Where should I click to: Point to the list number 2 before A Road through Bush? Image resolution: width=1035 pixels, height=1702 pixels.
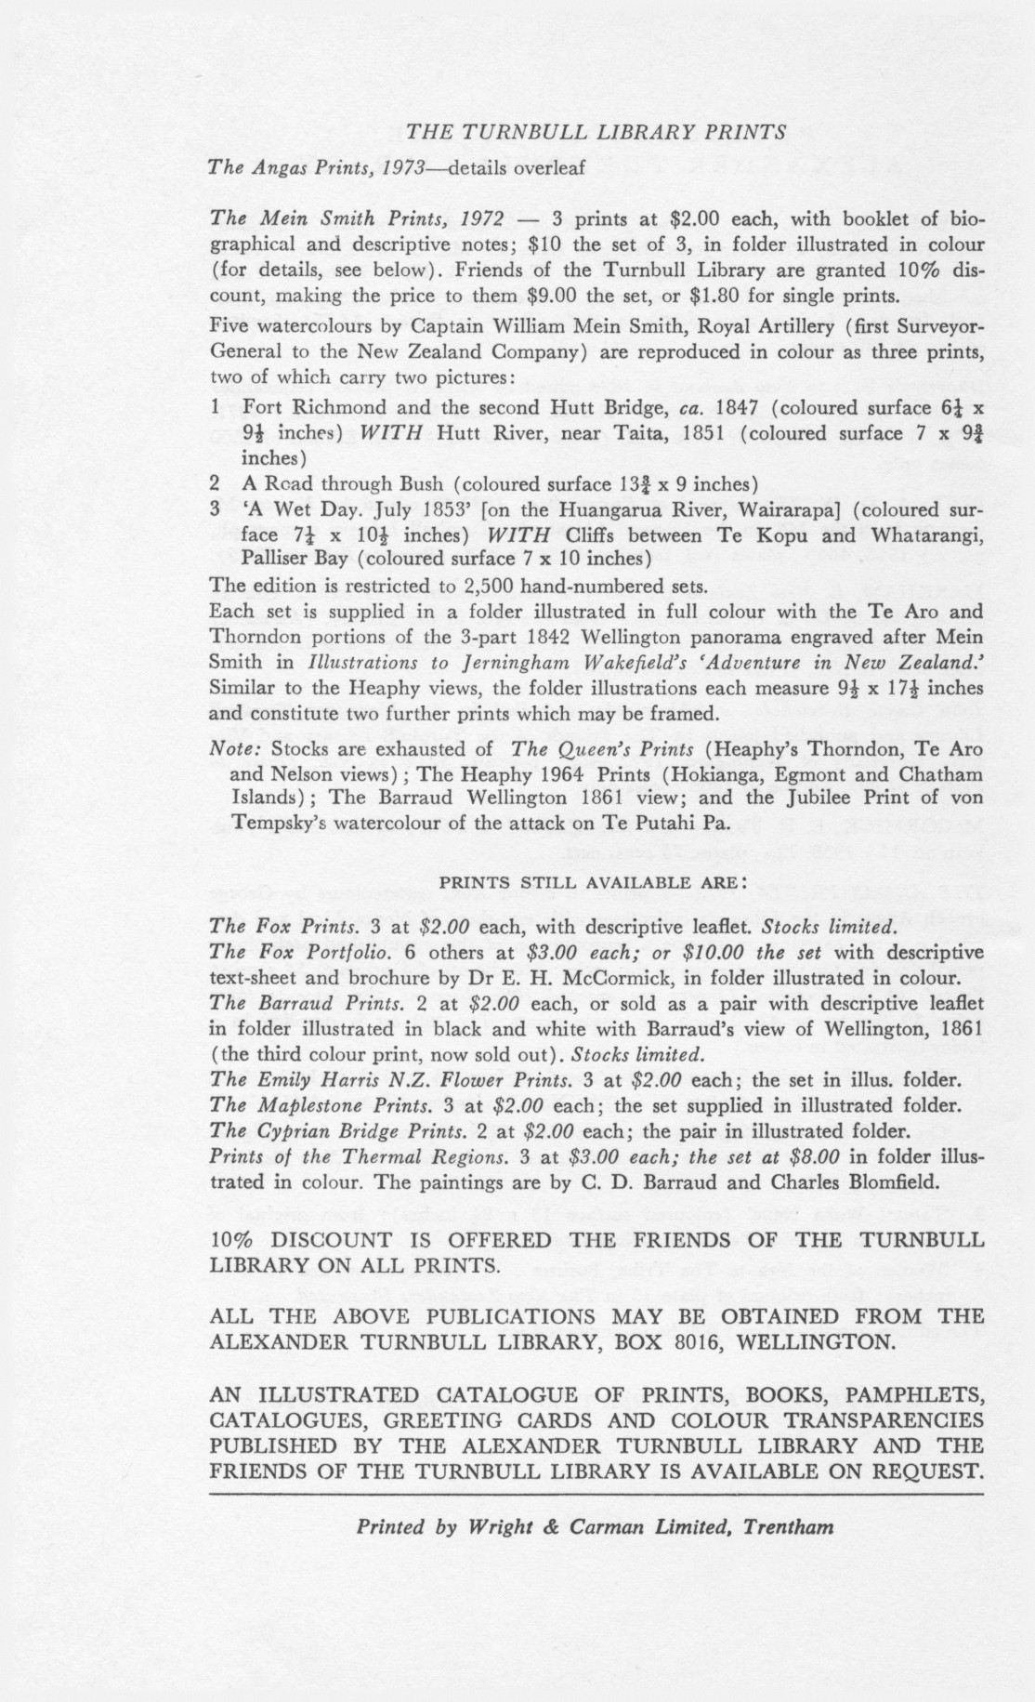point(215,483)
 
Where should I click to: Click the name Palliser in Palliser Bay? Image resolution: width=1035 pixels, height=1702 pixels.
point(276,559)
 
